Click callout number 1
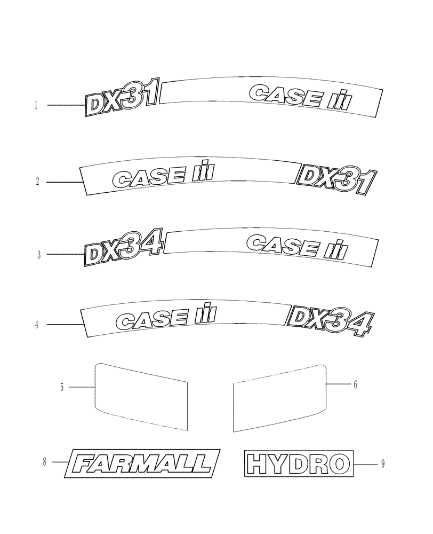click(x=36, y=106)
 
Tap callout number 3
click(x=38, y=255)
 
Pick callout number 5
click(x=62, y=387)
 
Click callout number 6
click(x=355, y=384)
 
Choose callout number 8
click(x=45, y=462)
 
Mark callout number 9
click(x=383, y=465)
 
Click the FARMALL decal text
click(x=141, y=463)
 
